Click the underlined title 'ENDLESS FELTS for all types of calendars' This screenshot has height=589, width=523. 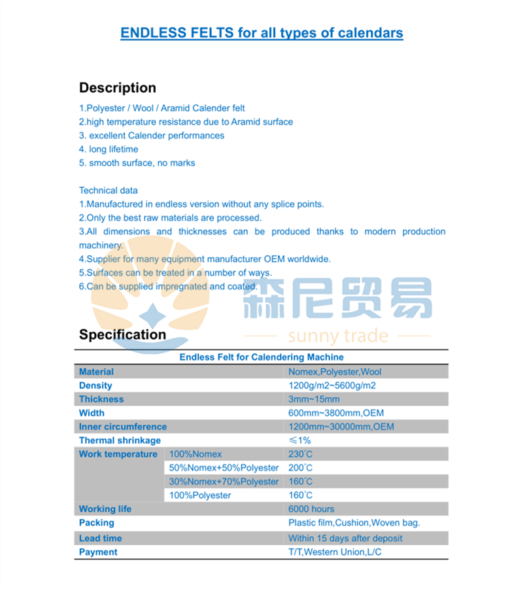pyautogui.click(x=261, y=33)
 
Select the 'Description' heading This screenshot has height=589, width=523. pyautogui.click(x=118, y=88)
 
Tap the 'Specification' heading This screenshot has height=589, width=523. pyautogui.click(x=123, y=334)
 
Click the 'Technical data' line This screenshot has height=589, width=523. pyautogui.click(x=109, y=190)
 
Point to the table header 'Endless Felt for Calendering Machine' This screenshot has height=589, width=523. pyautogui.click(x=261, y=357)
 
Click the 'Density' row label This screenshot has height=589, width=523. pyautogui.click(x=95, y=385)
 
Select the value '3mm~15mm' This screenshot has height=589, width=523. pyautogui.click(x=314, y=399)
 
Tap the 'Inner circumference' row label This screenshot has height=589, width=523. pyautogui.click(x=123, y=427)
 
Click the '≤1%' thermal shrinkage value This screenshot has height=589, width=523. pyautogui.click(x=299, y=440)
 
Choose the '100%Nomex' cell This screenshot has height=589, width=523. pyautogui.click(x=195, y=454)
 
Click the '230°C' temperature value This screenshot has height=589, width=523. pyautogui.click(x=300, y=454)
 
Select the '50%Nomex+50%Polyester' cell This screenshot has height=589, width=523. pyautogui.click(x=224, y=468)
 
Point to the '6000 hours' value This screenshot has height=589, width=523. pyautogui.click(x=311, y=509)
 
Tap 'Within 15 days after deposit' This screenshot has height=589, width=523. pyautogui.click(x=345, y=538)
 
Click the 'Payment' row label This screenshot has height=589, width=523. pyautogui.click(x=98, y=552)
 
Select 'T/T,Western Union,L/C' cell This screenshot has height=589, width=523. pyautogui.click(x=335, y=552)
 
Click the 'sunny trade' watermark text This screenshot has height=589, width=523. pyautogui.click(x=338, y=336)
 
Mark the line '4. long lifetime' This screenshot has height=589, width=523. pyautogui.click(x=109, y=149)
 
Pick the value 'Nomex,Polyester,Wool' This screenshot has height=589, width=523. pyautogui.click(x=335, y=372)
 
